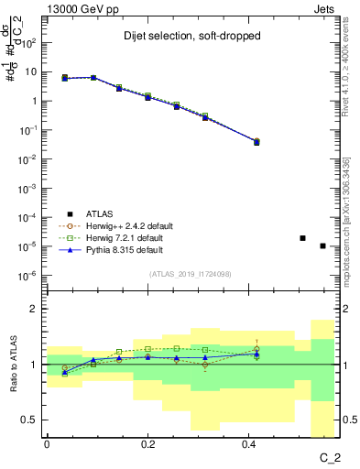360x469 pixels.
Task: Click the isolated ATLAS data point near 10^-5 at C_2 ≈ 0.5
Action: coord(303,238)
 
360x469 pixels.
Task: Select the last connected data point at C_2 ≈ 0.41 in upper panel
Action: coord(256,142)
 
